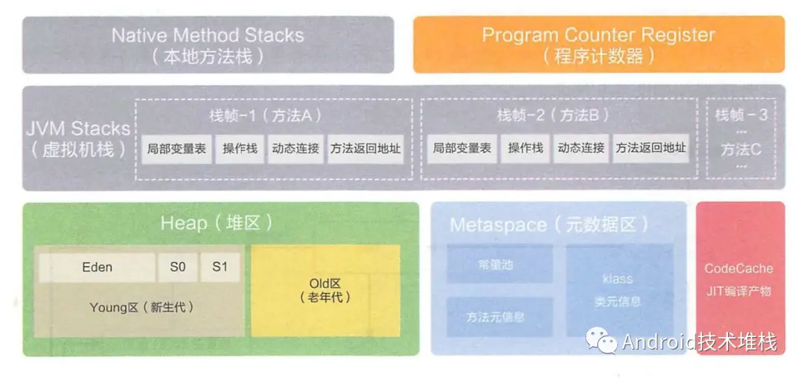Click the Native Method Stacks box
coord(208,45)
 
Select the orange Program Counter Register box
coord(599,45)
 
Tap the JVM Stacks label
coord(79,138)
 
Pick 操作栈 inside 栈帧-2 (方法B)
coord(526,148)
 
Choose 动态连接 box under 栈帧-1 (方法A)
coord(295,148)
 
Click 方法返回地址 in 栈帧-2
coord(651,148)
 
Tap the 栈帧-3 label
coord(741,115)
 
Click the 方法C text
coord(741,149)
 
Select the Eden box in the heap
coord(97,267)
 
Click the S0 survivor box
coord(177,267)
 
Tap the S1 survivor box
coord(220,267)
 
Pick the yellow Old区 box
coord(325,290)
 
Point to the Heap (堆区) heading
coord(217,223)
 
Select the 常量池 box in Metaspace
coord(500,265)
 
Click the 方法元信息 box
coord(500,316)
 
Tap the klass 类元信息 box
coord(617,290)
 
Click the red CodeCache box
coord(739,279)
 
